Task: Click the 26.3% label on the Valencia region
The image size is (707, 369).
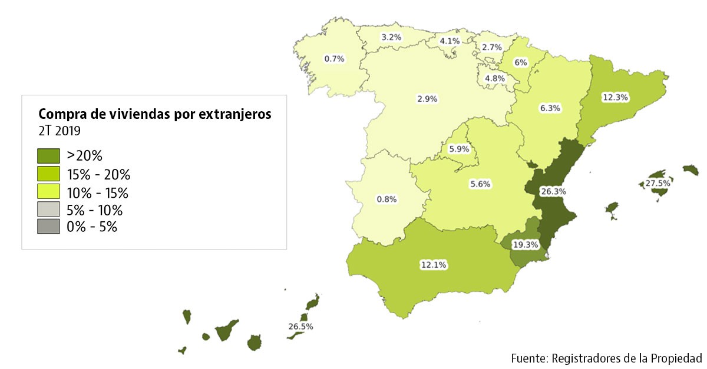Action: coord(553,191)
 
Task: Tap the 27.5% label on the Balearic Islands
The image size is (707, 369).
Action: coord(657,184)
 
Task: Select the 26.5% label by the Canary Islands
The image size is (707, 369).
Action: coord(300,326)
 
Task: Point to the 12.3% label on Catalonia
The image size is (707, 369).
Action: coord(614,97)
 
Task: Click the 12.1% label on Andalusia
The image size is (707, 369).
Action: coord(433,265)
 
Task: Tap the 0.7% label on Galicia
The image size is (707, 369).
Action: coord(334,59)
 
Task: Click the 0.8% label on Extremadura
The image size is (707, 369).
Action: coord(386,199)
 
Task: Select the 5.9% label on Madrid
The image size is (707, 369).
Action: coord(459,149)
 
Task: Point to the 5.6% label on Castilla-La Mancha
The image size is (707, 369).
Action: coord(480,184)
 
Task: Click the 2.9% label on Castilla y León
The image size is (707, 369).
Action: coord(427,99)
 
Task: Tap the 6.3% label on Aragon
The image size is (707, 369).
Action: coord(549,108)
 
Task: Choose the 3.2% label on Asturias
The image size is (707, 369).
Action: coord(391,37)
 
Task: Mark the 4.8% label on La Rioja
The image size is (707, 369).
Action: coord(495,78)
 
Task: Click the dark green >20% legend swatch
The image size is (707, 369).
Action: coord(48,156)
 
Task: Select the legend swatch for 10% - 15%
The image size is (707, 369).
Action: coord(48,192)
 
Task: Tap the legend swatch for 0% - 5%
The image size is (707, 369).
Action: coord(48,227)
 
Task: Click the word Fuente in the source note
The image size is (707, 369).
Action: coord(528,358)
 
